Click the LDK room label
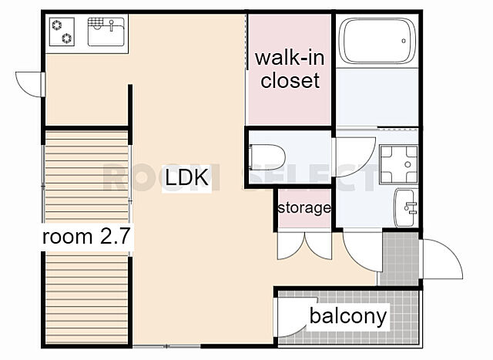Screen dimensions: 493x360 point(186,177)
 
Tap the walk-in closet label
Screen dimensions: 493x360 point(290,69)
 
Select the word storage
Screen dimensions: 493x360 point(304,208)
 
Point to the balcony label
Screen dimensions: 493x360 point(348,316)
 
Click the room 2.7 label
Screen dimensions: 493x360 point(86,237)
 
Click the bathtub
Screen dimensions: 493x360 point(377,41)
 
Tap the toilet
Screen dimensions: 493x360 point(267,156)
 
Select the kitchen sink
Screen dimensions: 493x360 point(106,32)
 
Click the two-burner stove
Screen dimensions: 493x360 point(62,32)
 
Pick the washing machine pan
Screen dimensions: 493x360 point(399,164)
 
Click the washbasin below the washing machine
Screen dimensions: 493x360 point(406,207)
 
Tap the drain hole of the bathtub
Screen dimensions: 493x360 point(404,41)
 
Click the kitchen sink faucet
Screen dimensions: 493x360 point(111,25)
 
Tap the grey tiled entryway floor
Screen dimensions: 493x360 point(399,259)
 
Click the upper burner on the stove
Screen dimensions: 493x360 point(57,25)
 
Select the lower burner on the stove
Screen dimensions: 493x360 point(67,39)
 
